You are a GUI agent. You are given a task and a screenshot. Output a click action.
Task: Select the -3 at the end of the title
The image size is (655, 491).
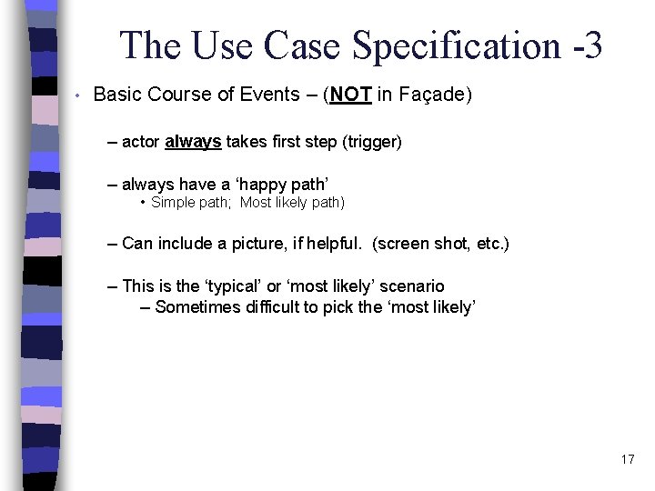586,45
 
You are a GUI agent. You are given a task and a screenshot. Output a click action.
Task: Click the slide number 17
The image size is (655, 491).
628,459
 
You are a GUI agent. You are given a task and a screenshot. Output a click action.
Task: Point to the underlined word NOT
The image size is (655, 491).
350,95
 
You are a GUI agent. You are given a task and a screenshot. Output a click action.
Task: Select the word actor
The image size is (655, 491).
141,142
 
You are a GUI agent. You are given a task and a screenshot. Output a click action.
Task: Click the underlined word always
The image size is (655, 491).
193,142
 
